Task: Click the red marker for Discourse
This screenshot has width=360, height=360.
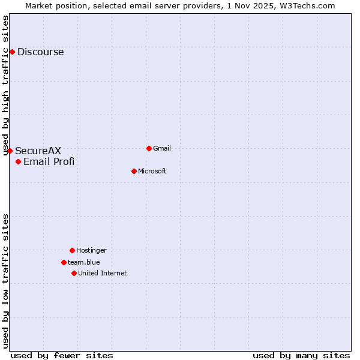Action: point(12,52)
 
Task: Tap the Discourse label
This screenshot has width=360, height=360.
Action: point(40,52)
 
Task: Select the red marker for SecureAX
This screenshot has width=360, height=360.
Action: point(10,151)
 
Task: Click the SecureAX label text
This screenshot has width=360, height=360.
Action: point(38,151)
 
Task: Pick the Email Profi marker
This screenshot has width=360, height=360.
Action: point(18,161)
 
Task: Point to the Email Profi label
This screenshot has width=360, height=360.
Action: point(49,161)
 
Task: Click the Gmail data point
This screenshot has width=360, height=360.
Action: point(149,148)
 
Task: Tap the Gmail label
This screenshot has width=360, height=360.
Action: point(163,149)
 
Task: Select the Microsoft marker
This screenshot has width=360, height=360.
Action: point(134,171)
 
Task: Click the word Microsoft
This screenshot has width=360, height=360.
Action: point(152,172)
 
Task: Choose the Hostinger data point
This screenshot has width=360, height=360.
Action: point(72,250)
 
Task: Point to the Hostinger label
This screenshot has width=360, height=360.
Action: point(91,251)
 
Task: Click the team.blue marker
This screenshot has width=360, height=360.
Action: point(64,262)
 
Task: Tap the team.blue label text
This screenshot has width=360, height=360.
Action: point(83,263)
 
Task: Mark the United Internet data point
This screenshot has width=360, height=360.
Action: point(74,273)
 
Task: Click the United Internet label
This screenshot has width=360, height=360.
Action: point(102,274)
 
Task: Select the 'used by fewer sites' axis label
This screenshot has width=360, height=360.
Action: point(62,355)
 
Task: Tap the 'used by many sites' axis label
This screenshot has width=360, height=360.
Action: point(301,355)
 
